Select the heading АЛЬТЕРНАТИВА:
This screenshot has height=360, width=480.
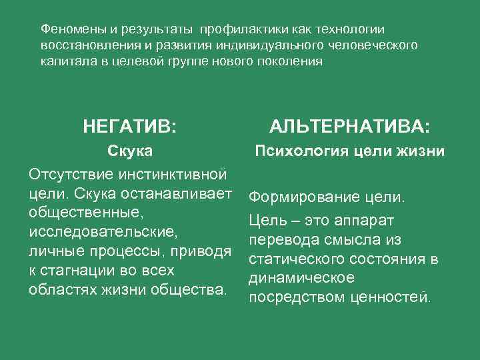[349, 126]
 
